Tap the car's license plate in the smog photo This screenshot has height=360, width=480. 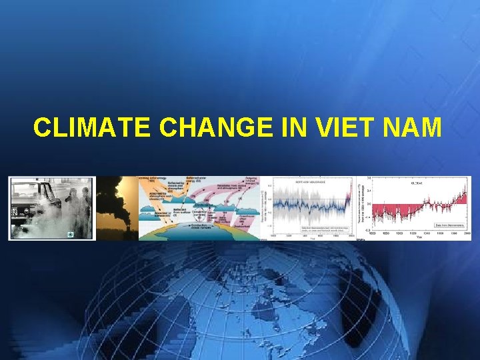coord(13,215)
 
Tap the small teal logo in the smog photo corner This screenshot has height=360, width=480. coord(69,235)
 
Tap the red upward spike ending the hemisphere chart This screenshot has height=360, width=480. coord(348,193)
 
